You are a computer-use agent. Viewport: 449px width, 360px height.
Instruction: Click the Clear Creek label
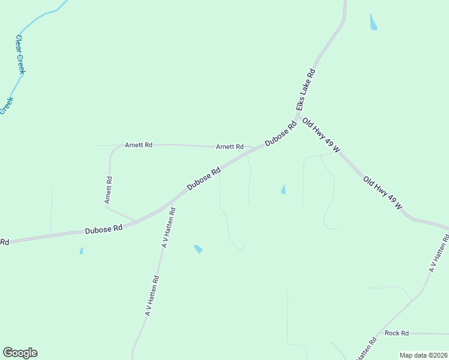coord(20,54)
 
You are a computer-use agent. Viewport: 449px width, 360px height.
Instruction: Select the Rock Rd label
coord(397,333)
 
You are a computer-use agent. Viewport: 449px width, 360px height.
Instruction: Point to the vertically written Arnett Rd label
coord(108,190)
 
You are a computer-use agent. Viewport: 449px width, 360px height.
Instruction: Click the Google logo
coord(20,353)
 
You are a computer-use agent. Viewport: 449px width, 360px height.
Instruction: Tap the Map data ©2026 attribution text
coord(423,355)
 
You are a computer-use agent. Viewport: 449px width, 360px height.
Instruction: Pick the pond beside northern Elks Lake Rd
coord(373,23)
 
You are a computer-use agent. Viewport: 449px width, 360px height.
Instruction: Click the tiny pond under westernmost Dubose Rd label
coord(81,251)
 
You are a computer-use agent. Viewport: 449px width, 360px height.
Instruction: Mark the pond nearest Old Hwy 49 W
coord(283,190)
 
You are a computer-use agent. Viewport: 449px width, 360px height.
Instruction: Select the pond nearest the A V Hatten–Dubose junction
coord(198,249)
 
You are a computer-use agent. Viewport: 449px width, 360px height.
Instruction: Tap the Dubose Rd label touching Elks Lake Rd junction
coord(281,133)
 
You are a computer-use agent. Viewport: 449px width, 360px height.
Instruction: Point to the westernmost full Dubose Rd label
coord(104,229)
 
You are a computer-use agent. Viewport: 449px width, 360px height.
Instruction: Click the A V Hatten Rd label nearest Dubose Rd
coord(168,227)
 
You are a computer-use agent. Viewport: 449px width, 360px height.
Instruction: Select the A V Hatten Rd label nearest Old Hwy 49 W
coord(439,254)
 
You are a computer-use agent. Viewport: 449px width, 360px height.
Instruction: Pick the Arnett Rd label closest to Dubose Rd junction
coord(230,146)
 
